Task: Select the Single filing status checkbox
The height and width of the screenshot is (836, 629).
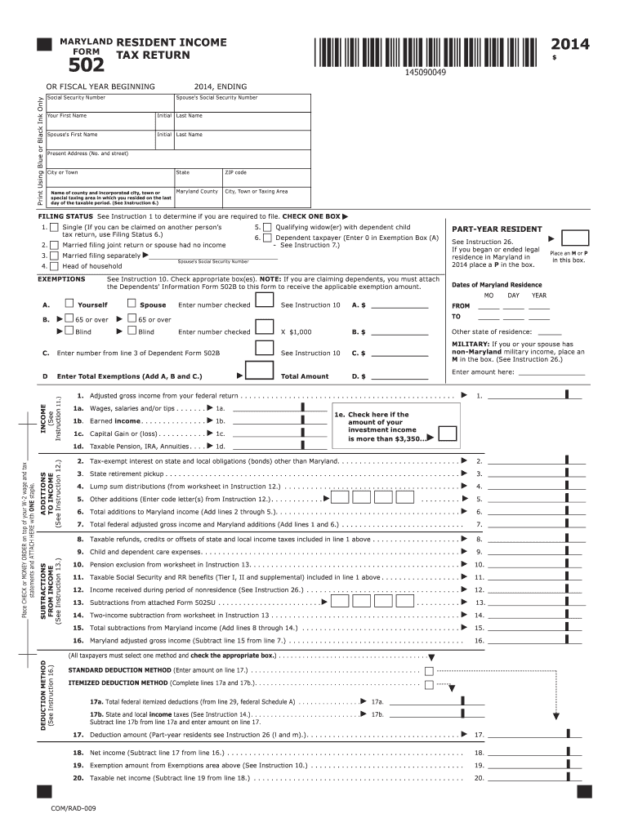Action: coord(54,227)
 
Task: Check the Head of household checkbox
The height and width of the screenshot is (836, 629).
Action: coord(54,265)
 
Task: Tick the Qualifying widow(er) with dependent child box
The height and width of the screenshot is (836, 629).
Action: coord(266,227)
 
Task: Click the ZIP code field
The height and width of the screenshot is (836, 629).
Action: coord(265,178)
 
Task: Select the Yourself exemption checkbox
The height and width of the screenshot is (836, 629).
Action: coord(69,305)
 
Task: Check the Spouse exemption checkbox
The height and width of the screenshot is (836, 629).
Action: coord(132,305)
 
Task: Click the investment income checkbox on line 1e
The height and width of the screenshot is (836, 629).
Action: coord(447,433)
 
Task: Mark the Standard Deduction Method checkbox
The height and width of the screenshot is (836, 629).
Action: coord(429,670)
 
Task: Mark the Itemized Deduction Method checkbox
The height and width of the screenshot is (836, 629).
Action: coord(429,683)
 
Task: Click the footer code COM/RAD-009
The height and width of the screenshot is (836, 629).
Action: coord(74,807)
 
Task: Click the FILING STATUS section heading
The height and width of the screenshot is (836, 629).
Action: coord(65,216)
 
